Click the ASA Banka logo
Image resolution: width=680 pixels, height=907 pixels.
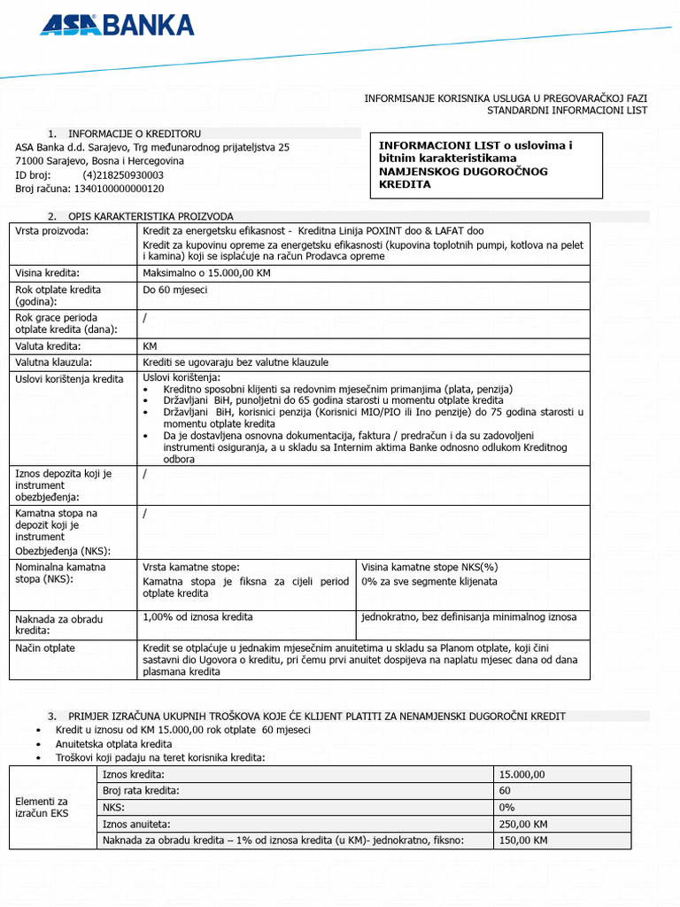point(116,24)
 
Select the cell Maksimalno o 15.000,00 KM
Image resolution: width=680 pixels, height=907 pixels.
point(206,274)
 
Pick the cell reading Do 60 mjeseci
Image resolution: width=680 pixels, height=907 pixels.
point(175,290)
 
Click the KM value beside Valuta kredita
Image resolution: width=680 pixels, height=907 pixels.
point(150,346)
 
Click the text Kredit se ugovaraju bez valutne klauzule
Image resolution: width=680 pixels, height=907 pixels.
point(236,362)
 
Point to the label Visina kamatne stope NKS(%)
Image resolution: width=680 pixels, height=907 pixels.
point(429,567)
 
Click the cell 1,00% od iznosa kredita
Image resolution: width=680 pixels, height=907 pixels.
point(197,616)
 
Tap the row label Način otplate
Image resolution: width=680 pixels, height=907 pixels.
point(45,648)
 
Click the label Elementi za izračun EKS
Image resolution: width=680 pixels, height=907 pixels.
point(42,807)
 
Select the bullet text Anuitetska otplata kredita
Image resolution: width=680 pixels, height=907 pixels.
point(113,744)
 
